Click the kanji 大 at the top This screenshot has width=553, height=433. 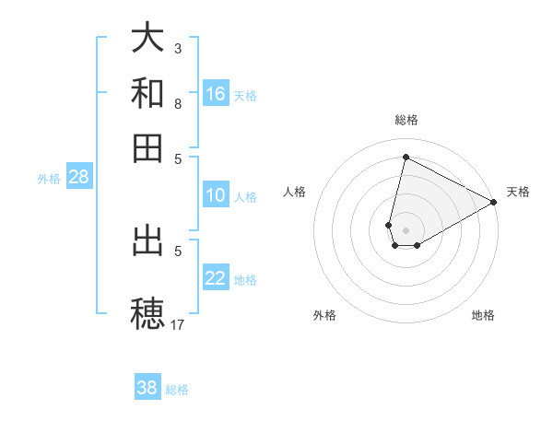point(148,39)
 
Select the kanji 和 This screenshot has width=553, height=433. point(148,93)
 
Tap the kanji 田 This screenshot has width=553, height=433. point(148,147)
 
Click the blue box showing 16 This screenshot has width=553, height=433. point(216,94)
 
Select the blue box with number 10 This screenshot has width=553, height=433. point(216,195)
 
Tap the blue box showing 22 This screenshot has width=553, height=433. point(216,278)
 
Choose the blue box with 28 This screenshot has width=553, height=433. point(78,178)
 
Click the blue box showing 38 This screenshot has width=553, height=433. point(147,388)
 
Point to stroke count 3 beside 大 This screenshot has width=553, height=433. point(178,48)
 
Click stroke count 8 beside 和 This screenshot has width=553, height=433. point(178,103)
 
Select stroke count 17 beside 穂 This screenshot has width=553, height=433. point(178,324)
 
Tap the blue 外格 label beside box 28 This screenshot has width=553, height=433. point(49,179)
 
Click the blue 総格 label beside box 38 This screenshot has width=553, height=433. point(177,389)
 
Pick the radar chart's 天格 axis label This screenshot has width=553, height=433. point(518,192)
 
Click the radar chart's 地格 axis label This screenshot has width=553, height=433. point(483,315)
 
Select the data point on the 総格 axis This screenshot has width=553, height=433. point(406,157)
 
